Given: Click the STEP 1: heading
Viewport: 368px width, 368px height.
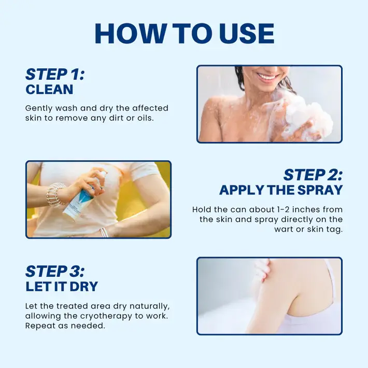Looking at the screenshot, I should (55, 74).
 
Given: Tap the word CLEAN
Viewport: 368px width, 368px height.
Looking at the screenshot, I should (49, 90).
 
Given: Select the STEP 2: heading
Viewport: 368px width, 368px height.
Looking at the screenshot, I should (313, 174).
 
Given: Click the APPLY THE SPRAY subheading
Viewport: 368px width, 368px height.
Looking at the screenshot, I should (280, 190).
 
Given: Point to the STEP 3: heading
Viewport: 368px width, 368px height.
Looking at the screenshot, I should (55, 271).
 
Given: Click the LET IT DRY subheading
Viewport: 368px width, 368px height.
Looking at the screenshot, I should (62, 286).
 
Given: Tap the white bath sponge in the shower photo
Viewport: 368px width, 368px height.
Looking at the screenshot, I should (308, 117).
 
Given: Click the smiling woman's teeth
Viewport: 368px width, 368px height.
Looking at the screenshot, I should (268, 77).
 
